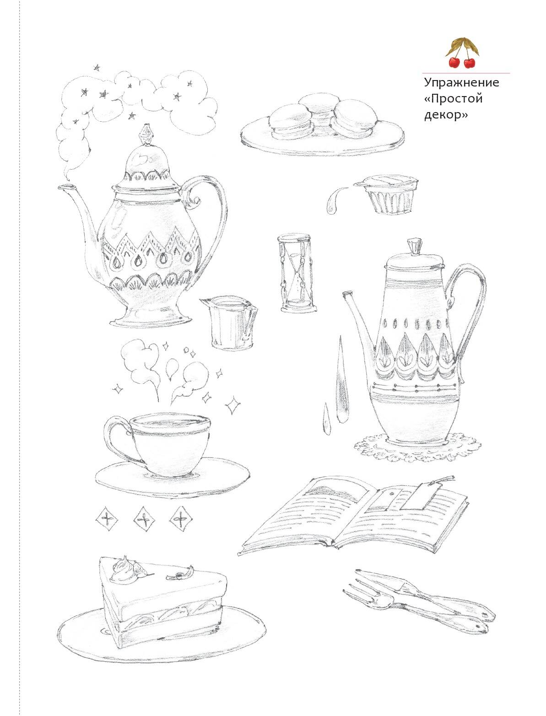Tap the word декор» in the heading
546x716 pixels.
pos(446,115)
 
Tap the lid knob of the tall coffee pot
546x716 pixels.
pos(414,246)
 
